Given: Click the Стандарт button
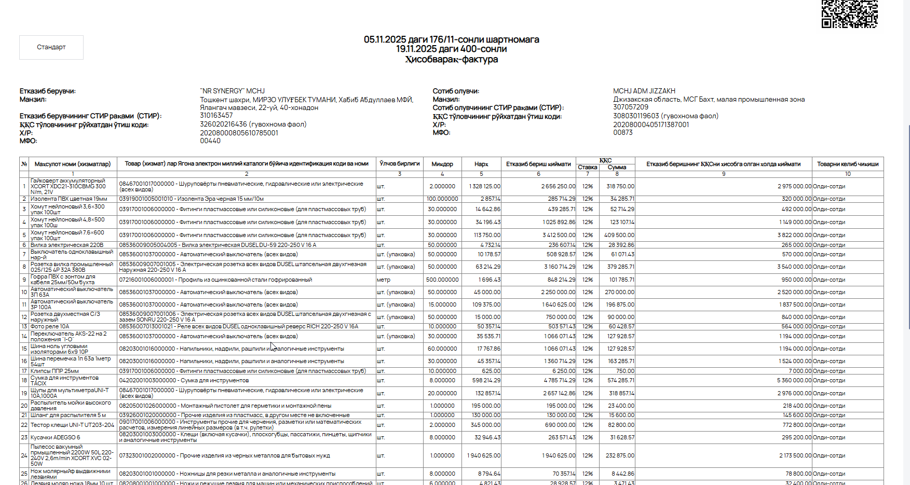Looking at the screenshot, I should pos(51,47).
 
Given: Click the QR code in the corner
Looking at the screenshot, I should pos(849,13).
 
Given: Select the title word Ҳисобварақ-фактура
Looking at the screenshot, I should pos(451,60).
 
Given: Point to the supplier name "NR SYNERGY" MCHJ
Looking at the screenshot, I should pos(232,91).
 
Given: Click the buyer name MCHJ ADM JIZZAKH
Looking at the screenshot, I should pos(644,91).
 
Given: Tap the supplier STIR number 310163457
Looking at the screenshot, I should pos(216,115).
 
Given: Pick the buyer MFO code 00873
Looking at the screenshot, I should pos(622,132).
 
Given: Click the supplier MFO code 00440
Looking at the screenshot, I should pos(210,141).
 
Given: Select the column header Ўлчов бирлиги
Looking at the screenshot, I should pos(399,163).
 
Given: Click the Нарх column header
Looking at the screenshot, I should pos(481,164).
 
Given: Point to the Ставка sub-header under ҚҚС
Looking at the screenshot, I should pos(587,167).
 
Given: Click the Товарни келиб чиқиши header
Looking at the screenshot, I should pos(847,164).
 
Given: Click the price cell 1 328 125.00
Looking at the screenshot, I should pos(485,186).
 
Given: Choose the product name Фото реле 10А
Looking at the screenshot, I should pos(50,326).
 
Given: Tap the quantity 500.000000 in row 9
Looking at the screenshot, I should pos(442,280).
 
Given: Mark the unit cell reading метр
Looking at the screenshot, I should pos(384,280).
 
